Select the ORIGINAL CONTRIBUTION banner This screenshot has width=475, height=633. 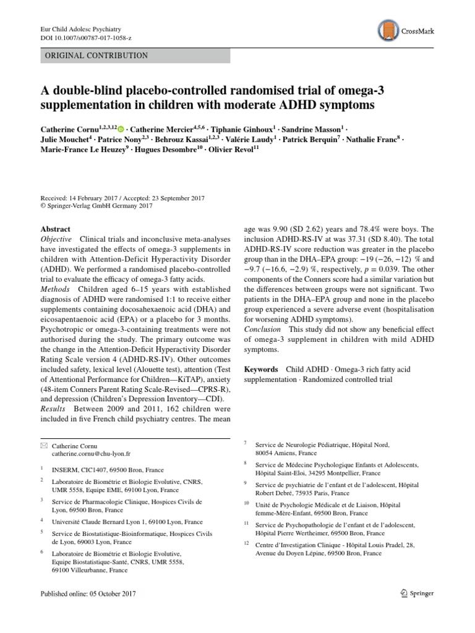tap(135, 56)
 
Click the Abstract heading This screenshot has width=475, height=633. tap(55, 229)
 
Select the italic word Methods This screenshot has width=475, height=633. tap(54, 289)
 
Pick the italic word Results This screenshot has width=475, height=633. tap(54, 409)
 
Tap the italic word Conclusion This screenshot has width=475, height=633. tap(262, 329)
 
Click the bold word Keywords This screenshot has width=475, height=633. tap(262, 369)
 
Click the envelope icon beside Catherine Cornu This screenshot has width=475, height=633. tap(43, 445)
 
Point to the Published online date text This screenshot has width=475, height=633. tap(87, 593)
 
